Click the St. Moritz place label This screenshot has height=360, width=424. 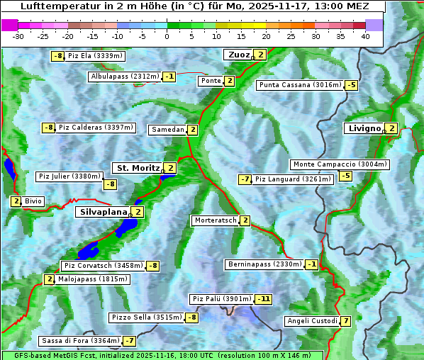click(137, 168)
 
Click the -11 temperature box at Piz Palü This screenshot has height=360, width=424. click(263, 299)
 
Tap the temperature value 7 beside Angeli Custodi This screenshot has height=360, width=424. click(345, 321)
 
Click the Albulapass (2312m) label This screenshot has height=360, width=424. click(125, 77)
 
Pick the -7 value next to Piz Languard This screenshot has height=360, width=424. click(245, 179)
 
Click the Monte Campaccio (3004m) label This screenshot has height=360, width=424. click(340, 164)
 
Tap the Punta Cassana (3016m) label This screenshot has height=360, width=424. click(300, 85)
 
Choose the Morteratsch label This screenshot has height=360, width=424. click(216, 220)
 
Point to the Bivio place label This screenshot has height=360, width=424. click(33, 201)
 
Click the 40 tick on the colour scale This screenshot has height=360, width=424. click(365, 36)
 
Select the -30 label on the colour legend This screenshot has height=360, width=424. click(18, 36)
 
